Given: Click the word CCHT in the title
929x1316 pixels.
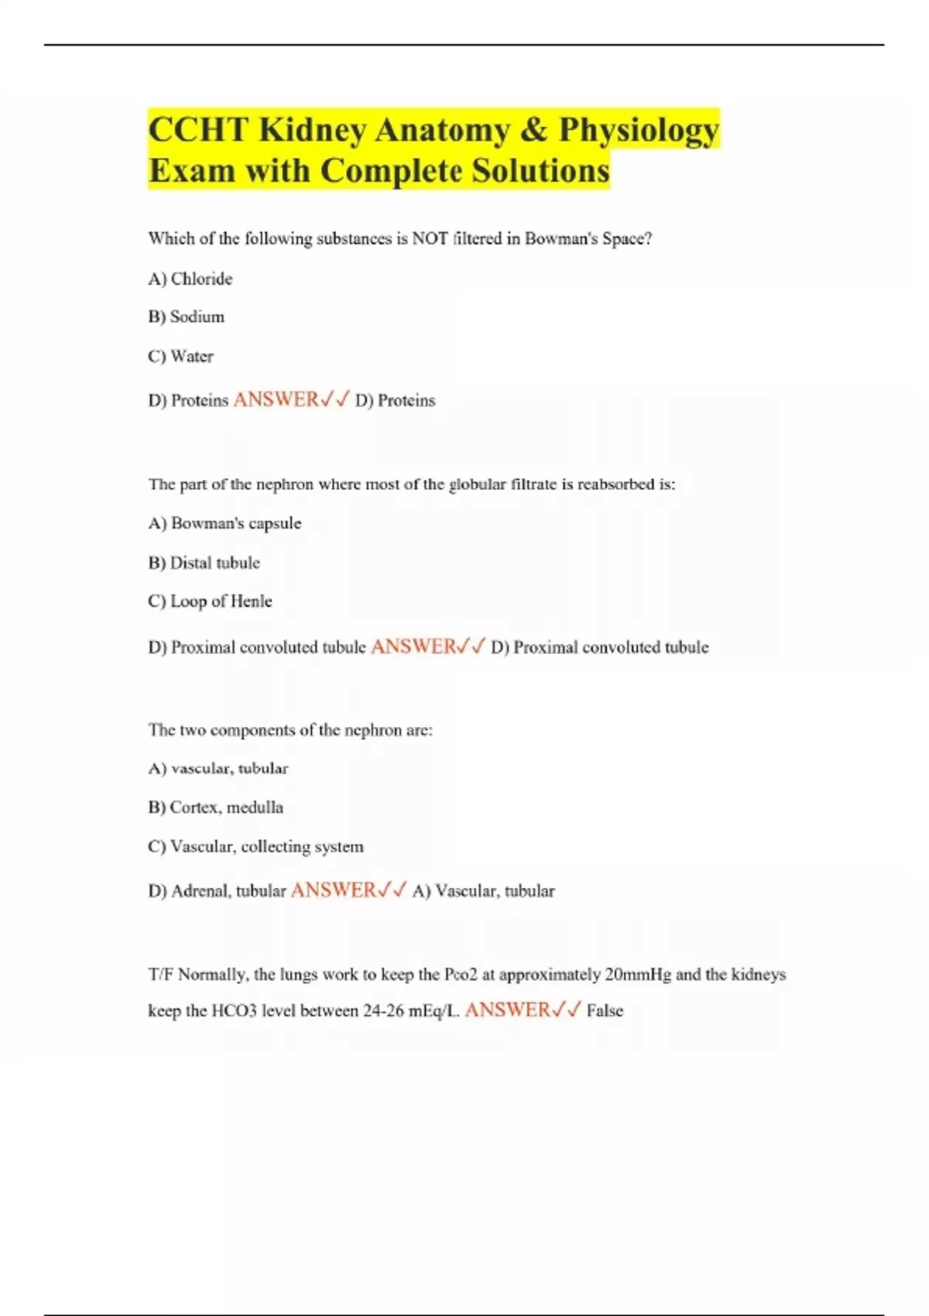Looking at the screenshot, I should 198,130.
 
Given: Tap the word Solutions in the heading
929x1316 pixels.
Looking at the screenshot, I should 541,171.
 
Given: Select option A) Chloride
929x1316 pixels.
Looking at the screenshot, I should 190,279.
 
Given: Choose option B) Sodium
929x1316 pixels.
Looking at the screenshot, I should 187,317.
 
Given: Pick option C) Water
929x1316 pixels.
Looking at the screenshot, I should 181,357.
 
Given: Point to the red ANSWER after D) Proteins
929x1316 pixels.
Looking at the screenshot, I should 276,399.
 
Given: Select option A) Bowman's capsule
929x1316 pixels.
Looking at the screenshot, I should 225,523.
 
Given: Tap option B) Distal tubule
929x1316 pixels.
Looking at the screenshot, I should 204,563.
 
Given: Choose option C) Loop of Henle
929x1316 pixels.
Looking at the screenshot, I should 210,601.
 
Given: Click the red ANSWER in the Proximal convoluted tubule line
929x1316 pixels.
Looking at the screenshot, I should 413,646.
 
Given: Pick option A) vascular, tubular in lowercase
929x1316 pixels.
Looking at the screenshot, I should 218,769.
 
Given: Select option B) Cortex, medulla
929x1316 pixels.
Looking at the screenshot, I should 216,807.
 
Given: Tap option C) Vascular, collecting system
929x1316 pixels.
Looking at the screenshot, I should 255,847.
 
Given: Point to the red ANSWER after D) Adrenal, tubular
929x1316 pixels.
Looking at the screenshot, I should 334,890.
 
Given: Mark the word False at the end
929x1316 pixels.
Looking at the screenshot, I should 605,1011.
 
